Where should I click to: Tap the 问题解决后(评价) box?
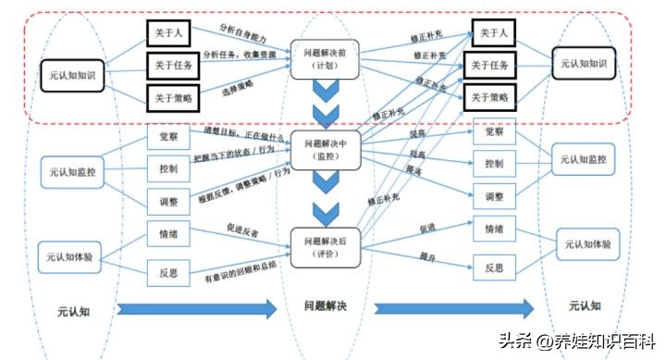325,247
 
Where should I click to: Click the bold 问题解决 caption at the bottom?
326,305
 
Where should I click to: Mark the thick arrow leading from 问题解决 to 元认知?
453,308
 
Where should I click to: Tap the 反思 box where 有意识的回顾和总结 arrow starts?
168,271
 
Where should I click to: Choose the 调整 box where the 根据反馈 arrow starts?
168,199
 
